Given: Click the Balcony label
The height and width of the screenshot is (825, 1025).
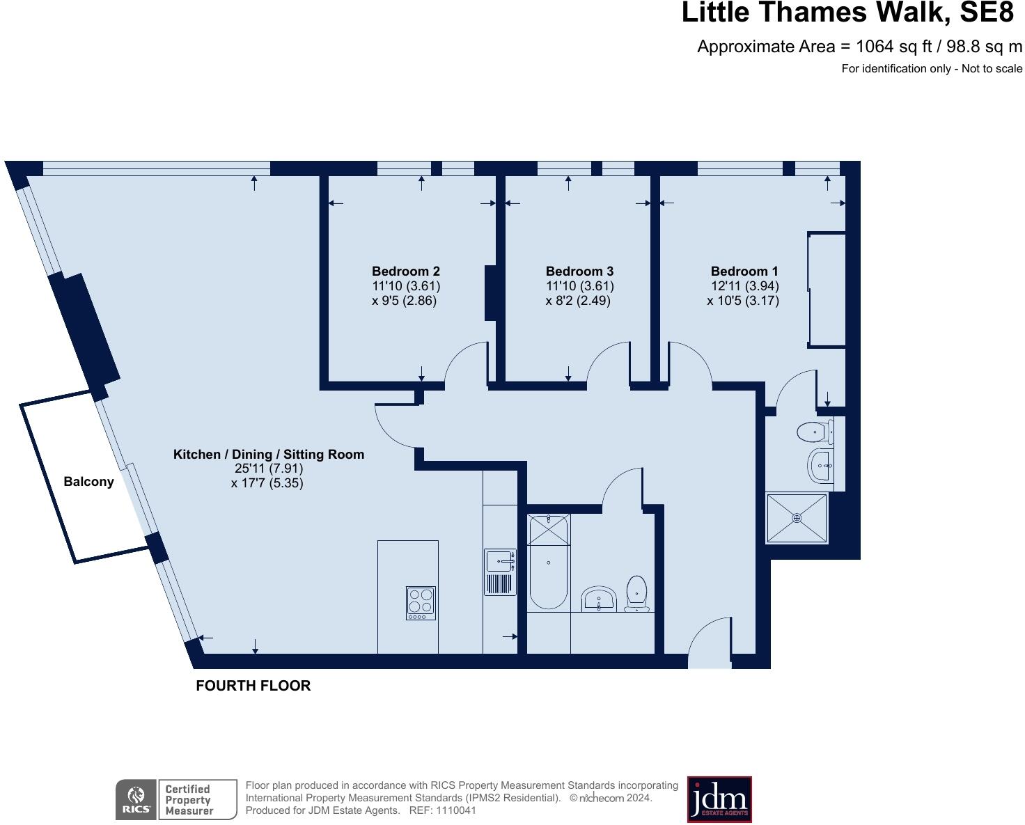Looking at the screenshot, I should point(88,482).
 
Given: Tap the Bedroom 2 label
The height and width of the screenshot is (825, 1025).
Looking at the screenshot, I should point(405,272).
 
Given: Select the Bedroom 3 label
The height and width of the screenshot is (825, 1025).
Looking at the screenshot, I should point(579,272).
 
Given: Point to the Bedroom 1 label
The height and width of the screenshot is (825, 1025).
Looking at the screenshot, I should point(744,272).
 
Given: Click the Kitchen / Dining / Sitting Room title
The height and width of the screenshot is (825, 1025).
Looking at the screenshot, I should point(268,455).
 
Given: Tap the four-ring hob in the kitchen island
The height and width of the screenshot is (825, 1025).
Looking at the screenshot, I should point(421,603).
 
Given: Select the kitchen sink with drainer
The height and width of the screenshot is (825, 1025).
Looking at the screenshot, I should point(500,572).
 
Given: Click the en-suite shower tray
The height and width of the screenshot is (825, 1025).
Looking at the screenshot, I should point(797,518).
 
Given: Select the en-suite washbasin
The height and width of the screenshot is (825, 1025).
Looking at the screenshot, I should point(820,464).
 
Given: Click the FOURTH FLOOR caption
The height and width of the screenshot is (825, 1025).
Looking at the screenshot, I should point(253,686).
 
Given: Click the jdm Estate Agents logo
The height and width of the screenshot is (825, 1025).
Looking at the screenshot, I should point(719,799).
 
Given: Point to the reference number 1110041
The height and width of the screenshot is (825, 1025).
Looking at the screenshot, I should point(455,810).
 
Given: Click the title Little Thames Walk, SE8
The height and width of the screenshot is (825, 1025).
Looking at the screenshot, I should point(847,13).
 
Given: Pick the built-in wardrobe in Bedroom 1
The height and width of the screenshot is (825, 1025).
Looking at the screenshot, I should point(827,290).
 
